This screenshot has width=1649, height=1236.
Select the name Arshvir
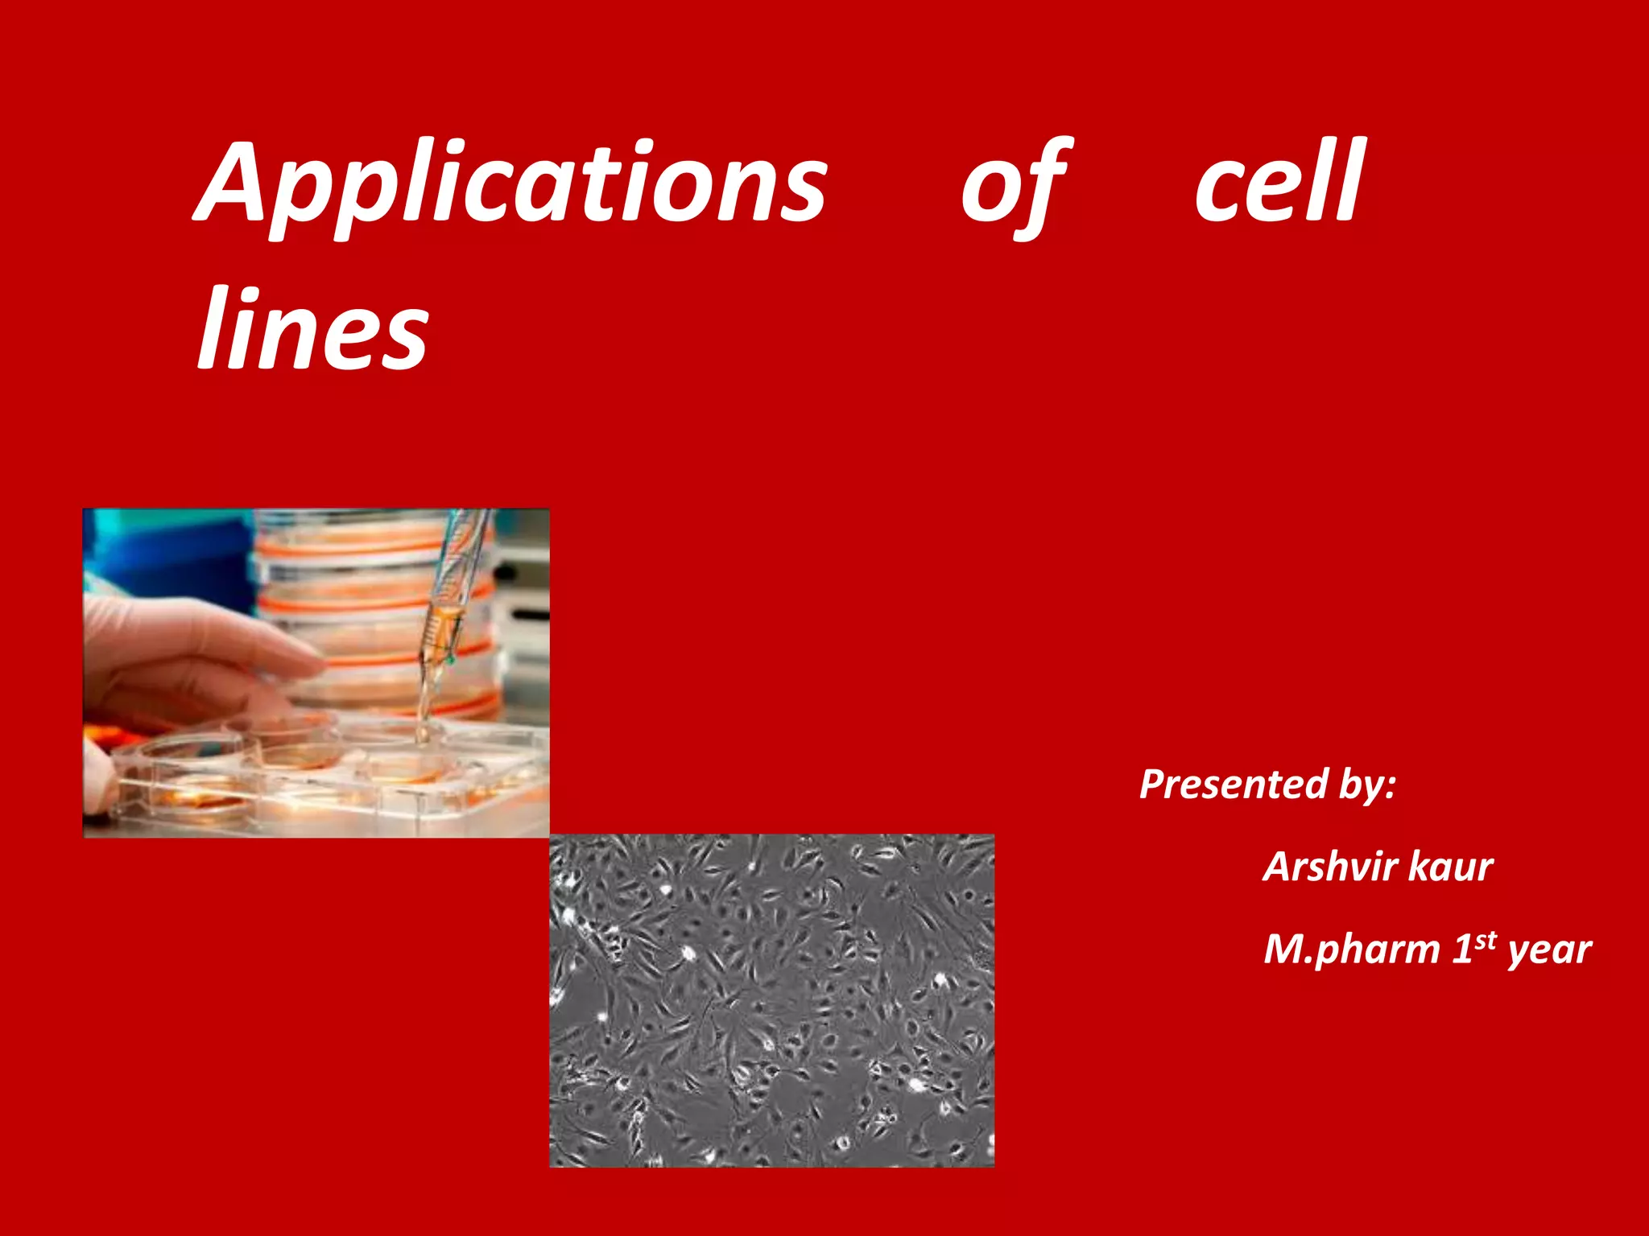(x=1329, y=867)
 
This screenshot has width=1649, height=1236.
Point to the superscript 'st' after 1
(x=1486, y=940)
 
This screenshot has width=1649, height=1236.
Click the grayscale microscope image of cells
(x=771, y=1000)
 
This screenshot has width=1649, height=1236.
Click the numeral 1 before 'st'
(x=1462, y=950)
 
